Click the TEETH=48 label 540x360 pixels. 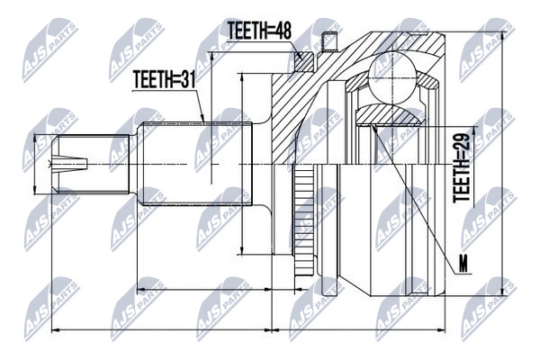[x=260, y=31]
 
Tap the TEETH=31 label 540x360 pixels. [x=165, y=79]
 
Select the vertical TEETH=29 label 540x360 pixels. [x=462, y=168]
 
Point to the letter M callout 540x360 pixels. [x=463, y=265]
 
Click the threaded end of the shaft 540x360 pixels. [x=90, y=164]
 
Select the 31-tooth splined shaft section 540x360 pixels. [x=195, y=164]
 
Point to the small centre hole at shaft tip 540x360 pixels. [x=69, y=164]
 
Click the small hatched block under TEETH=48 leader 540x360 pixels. [x=304, y=61]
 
